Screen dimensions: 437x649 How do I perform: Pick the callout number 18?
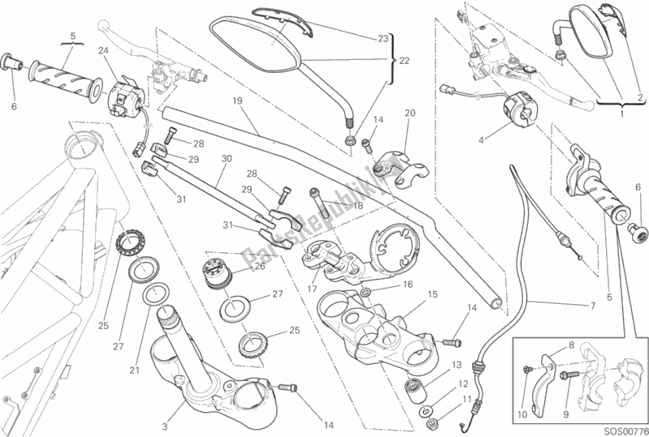[334, 207]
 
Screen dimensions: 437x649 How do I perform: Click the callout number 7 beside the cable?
[592, 306]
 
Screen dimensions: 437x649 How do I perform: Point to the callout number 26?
[259, 265]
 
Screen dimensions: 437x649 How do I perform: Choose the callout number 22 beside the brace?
[405, 61]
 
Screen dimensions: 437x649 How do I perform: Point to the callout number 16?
[407, 284]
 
